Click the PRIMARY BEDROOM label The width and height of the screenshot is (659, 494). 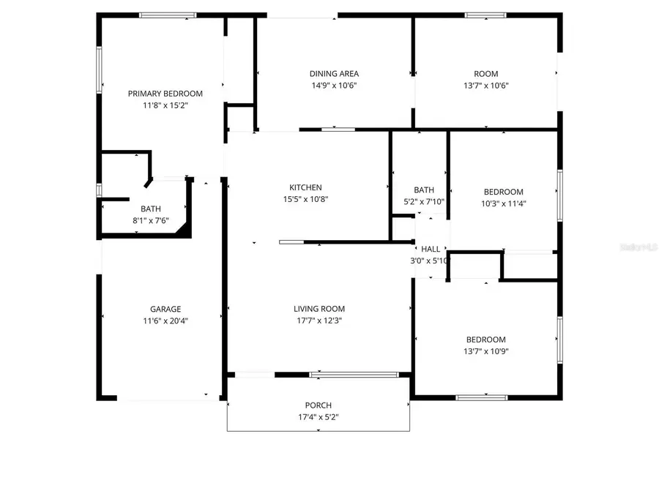click(165, 94)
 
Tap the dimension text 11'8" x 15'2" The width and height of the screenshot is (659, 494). click(165, 105)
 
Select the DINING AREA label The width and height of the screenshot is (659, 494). click(333, 74)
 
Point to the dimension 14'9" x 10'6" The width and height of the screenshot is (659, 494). click(333, 86)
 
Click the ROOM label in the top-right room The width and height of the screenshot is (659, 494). click(485, 74)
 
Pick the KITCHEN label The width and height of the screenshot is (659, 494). click(305, 188)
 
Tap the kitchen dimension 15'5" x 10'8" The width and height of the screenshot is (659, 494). click(305, 200)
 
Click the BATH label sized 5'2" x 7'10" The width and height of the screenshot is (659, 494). click(423, 190)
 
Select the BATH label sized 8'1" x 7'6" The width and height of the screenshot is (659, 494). click(151, 209)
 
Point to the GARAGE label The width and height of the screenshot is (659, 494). click(165, 309)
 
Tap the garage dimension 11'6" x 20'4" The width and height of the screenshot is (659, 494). click(165, 321)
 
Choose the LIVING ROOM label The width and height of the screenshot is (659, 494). click(319, 309)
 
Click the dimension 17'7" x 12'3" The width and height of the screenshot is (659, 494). click(319, 321)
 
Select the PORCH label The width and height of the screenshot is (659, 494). click(318, 406)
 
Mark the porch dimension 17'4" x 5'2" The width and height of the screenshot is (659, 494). click(318, 418)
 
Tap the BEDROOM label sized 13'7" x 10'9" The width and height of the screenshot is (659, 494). click(486, 340)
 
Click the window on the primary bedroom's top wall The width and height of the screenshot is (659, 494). click(168, 15)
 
